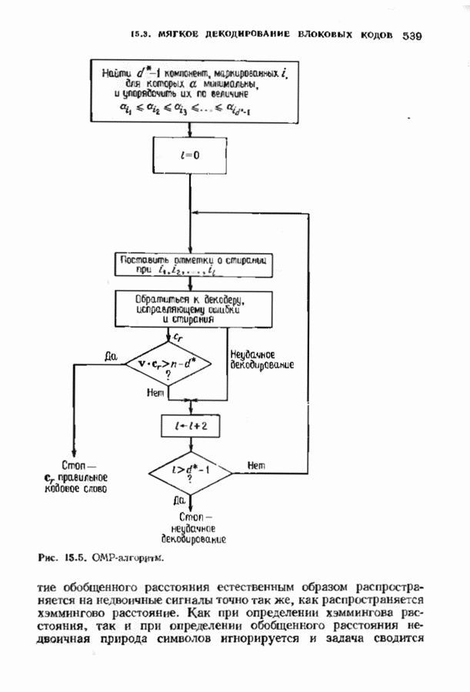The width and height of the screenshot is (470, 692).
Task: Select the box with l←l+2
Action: pos(189,425)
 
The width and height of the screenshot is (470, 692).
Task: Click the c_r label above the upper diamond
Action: pos(178,337)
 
